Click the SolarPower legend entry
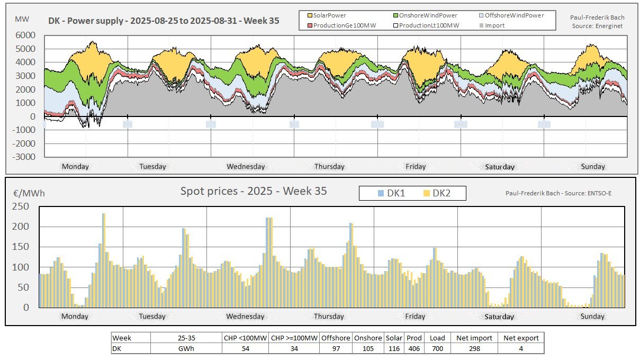(329, 15)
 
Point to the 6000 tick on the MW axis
(26, 35)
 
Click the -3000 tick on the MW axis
(24, 157)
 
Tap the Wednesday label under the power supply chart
(246, 167)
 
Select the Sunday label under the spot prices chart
(592, 317)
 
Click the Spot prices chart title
(254, 191)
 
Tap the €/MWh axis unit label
(29, 193)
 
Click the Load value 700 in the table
(437, 348)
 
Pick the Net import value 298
(474, 348)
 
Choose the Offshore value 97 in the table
(335, 348)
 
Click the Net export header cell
(521, 338)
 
